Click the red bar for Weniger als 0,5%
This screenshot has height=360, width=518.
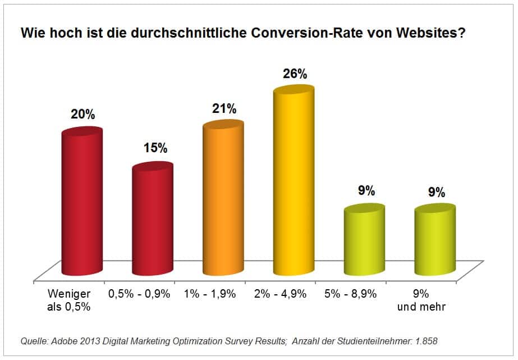pos(82,202)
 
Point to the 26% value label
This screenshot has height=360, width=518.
pos(294,74)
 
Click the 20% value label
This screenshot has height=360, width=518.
pos(82,114)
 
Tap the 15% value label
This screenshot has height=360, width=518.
pos(153,148)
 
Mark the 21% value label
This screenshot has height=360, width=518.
pos(224,108)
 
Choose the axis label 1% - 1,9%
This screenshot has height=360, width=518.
pos(209,294)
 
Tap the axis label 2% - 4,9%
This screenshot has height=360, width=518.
pos(279,294)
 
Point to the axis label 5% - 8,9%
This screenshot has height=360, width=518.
pos(350,294)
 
